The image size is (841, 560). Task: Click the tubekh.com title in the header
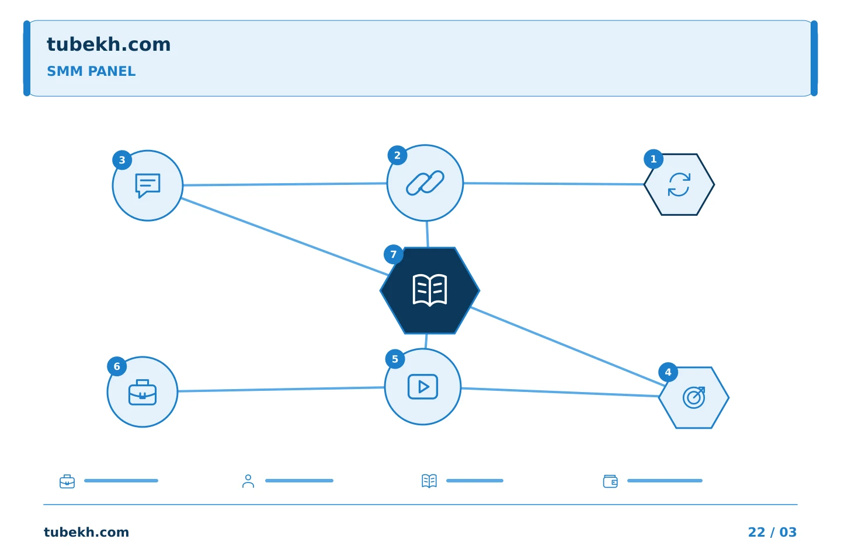pyautogui.click(x=109, y=44)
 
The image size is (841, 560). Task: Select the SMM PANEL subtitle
pyautogui.click(x=91, y=71)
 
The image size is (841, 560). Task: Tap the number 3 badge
pyautogui.click(x=122, y=160)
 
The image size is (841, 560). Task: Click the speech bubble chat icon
pyautogui.click(x=148, y=185)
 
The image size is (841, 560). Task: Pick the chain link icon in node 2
pyautogui.click(x=425, y=183)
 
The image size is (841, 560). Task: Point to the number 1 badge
pyautogui.click(x=654, y=159)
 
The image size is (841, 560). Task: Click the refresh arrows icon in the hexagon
pyautogui.click(x=679, y=184)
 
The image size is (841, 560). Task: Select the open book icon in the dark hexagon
pyautogui.click(x=429, y=290)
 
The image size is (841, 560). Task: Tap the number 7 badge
pyautogui.click(x=394, y=254)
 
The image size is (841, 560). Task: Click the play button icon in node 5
pyautogui.click(x=423, y=387)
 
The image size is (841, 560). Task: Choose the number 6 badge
pyautogui.click(x=117, y=366)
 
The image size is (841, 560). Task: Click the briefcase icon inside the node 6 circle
pyautogui.click(x=143, y=393)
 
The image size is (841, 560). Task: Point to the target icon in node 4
pyautogui.click(x=694, y=397)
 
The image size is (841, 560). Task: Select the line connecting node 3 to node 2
pyautogui.click(x=285, y=184)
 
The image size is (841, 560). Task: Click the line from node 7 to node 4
pyautogui.click(x=568, y=346)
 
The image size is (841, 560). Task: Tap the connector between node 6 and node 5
pyautogui.click(x=281, y=389)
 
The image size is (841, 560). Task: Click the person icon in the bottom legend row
pyautogui.click(x=248, y=481)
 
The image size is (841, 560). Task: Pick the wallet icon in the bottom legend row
pyautogui.click(x=610, y=481)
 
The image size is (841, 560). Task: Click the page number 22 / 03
pyautogui.click(x=772, y=532)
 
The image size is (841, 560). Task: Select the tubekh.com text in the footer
pyautogui.click(x=86, y=532)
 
